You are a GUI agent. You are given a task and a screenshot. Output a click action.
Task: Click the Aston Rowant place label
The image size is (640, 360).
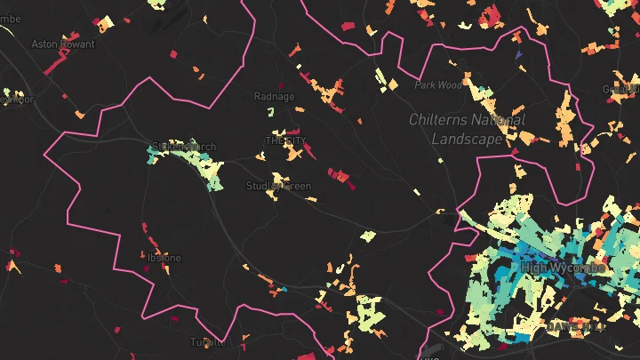click(x=58, y=44)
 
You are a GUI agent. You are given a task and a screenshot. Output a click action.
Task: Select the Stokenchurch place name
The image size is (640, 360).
click(x=184, y=147)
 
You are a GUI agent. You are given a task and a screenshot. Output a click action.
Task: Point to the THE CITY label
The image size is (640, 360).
click(x=285, y=141)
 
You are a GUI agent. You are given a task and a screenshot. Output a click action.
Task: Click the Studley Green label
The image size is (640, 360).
click(x=278, y=186)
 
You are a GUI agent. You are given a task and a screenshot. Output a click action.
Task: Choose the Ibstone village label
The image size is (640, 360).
click(x=164, y=258)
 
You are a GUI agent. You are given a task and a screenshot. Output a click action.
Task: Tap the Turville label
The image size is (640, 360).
click(x=209, y=341)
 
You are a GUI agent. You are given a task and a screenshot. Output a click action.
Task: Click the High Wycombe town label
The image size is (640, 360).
click(x=564, y=268)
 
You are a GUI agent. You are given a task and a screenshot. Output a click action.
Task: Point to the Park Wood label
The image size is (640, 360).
click(x=438, y=85)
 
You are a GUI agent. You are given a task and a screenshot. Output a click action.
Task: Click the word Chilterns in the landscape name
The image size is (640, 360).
click(x=441, y=120)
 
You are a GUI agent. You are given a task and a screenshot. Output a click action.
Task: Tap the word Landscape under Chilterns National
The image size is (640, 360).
click(x=466, y=139)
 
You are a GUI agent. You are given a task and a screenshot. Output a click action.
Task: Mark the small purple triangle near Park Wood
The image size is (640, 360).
click(x=517, y=55)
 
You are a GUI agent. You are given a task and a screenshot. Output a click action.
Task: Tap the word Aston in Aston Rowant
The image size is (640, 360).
click(x=43, y=44)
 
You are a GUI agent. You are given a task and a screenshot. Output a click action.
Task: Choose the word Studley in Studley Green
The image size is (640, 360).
click(x=263, y=186)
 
